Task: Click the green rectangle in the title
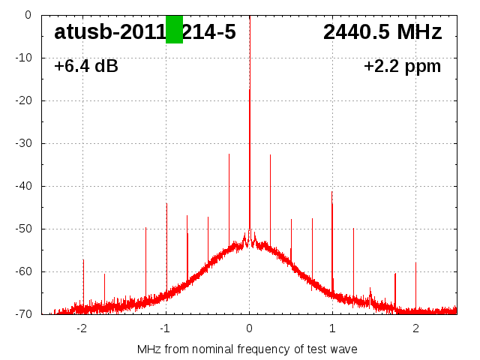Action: [x=174, y=29]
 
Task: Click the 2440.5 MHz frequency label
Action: [x=382, y=31]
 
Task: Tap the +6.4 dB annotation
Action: [x=86, y=67]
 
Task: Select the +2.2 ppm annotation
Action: [x=402, y=67]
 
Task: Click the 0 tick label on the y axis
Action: [x=27, y=15]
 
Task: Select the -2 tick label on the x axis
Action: [x=82, y=328]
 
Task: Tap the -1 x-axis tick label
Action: [x=165, y=328]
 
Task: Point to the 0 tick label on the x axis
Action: [x=250, y=328]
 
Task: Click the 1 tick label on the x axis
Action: [x=332, y=328]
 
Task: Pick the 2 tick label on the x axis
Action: [x=415, y=328]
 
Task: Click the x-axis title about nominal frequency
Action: [x=247, y=349]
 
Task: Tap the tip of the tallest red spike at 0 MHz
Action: [x=250, y=89]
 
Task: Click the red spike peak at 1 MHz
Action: [x=331, y=192]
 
